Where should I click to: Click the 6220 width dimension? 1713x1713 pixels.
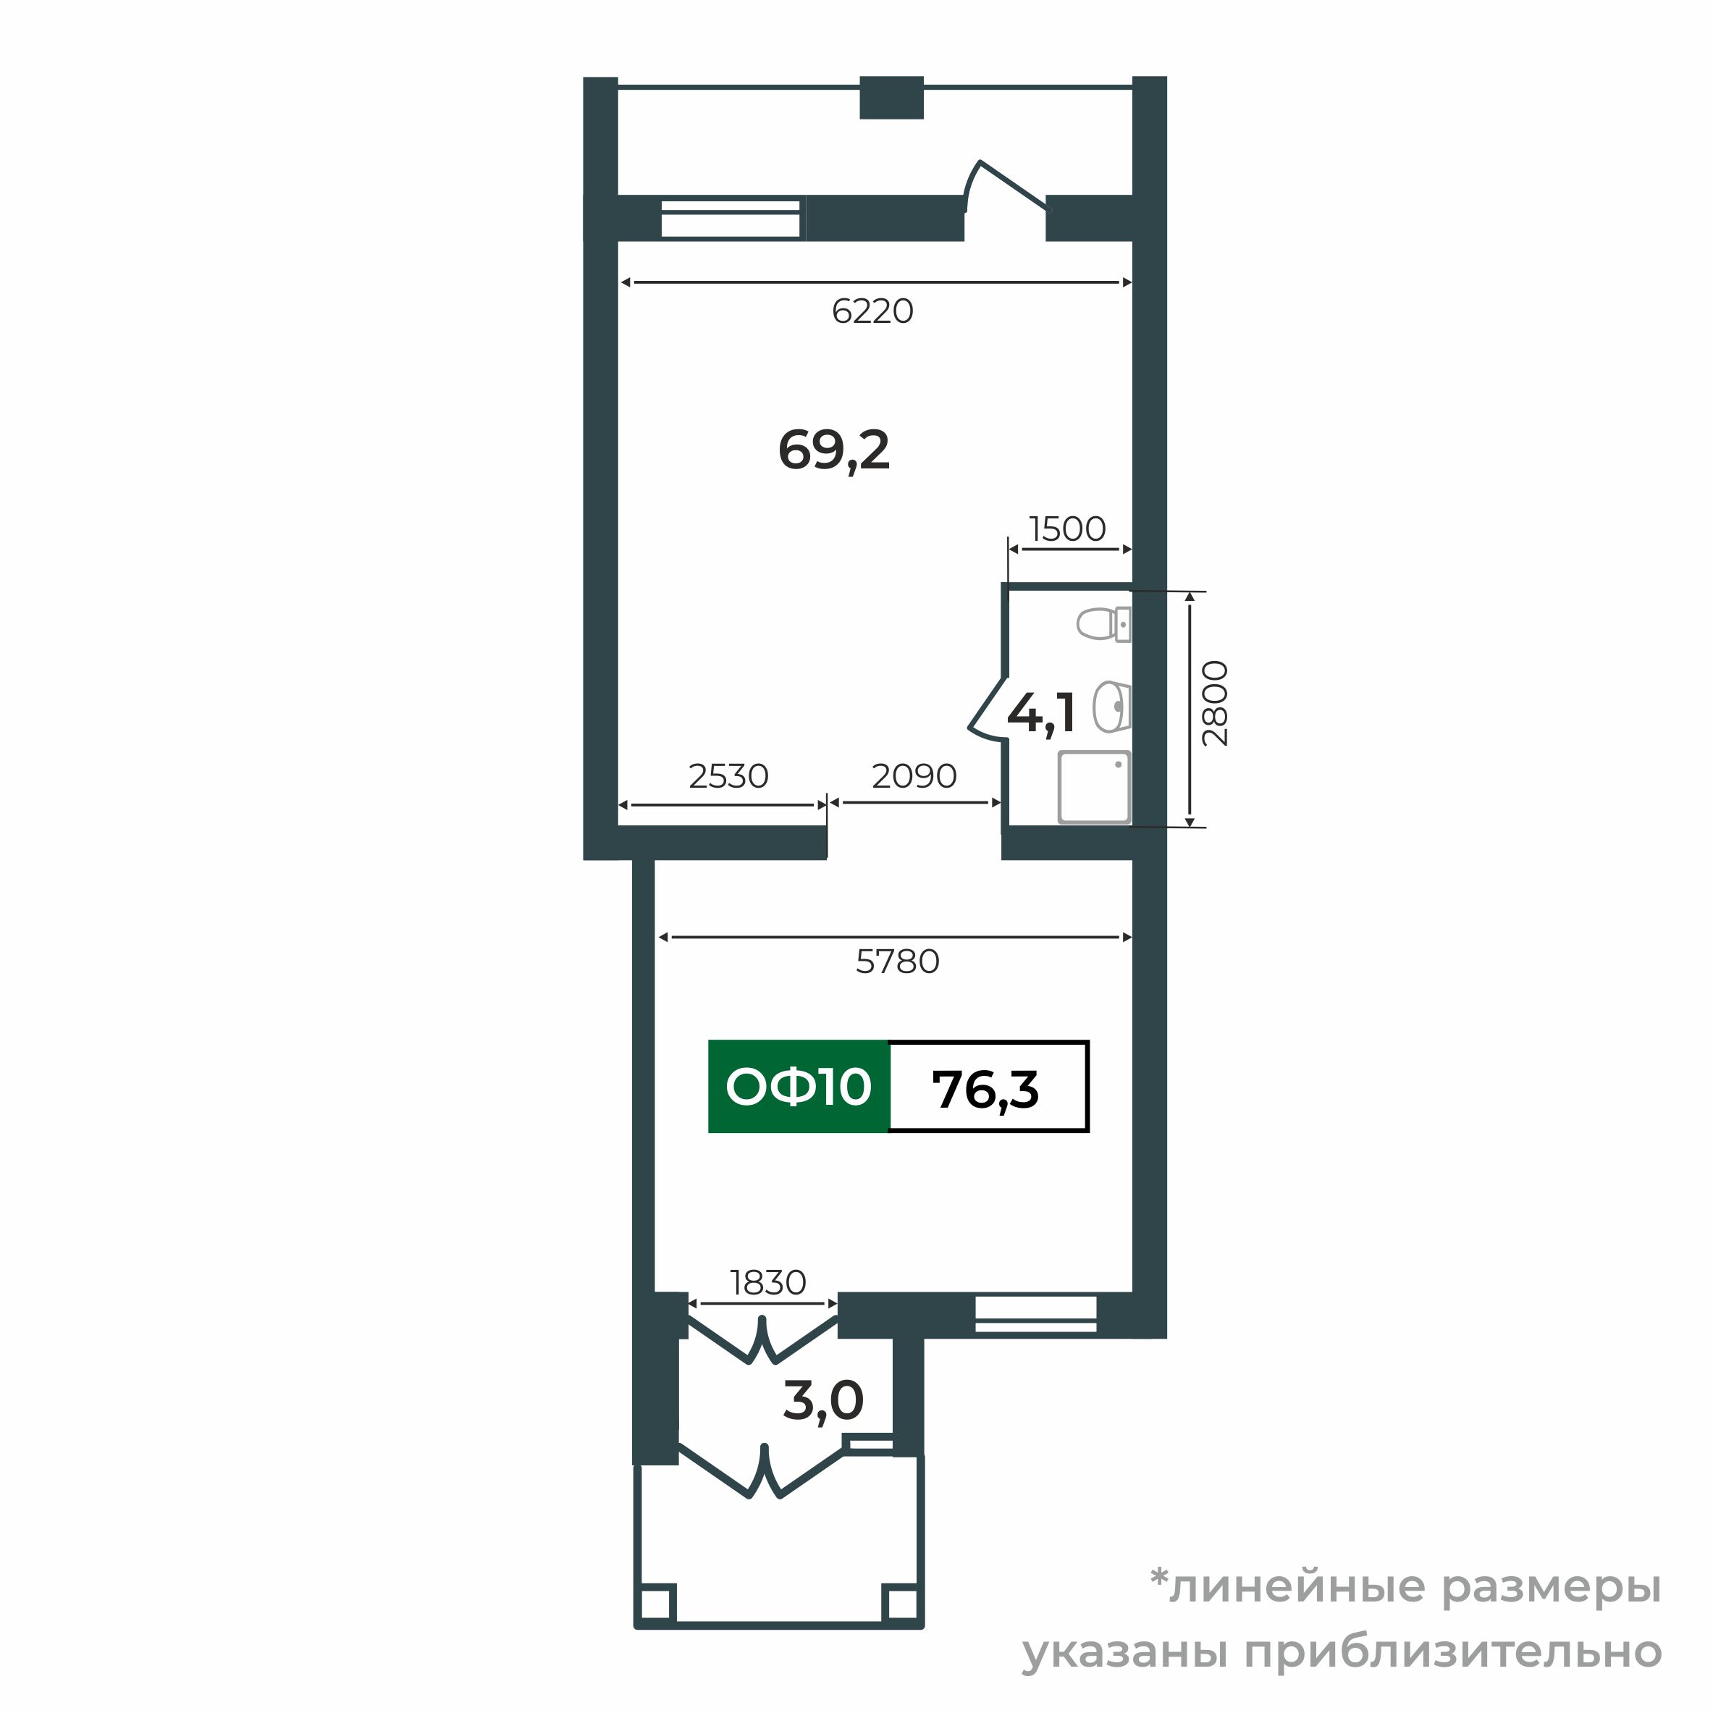point(872,311)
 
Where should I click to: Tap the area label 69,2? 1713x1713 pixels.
point(833,450)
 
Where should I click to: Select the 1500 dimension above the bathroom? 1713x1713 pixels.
point(1067,529)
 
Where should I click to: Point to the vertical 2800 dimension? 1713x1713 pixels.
point(1215,703)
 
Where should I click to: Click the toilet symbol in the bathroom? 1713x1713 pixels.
point(1103,624)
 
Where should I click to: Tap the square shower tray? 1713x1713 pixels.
point(1094,786)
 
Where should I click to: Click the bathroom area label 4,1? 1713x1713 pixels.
point(1042,714)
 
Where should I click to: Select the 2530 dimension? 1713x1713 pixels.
point(728,777)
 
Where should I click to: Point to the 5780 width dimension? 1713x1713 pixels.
point(897,962)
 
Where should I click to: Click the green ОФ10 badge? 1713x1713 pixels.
point(798,1086)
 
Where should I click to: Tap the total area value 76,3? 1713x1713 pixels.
point(985,1089)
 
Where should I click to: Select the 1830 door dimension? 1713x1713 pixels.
point(768,1283)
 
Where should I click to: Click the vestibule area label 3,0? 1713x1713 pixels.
point(822,1401)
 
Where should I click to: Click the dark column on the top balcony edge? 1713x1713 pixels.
point(891,98)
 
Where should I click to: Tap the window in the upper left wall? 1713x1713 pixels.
point(731,218)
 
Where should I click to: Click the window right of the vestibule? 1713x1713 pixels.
point(1035,1314)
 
